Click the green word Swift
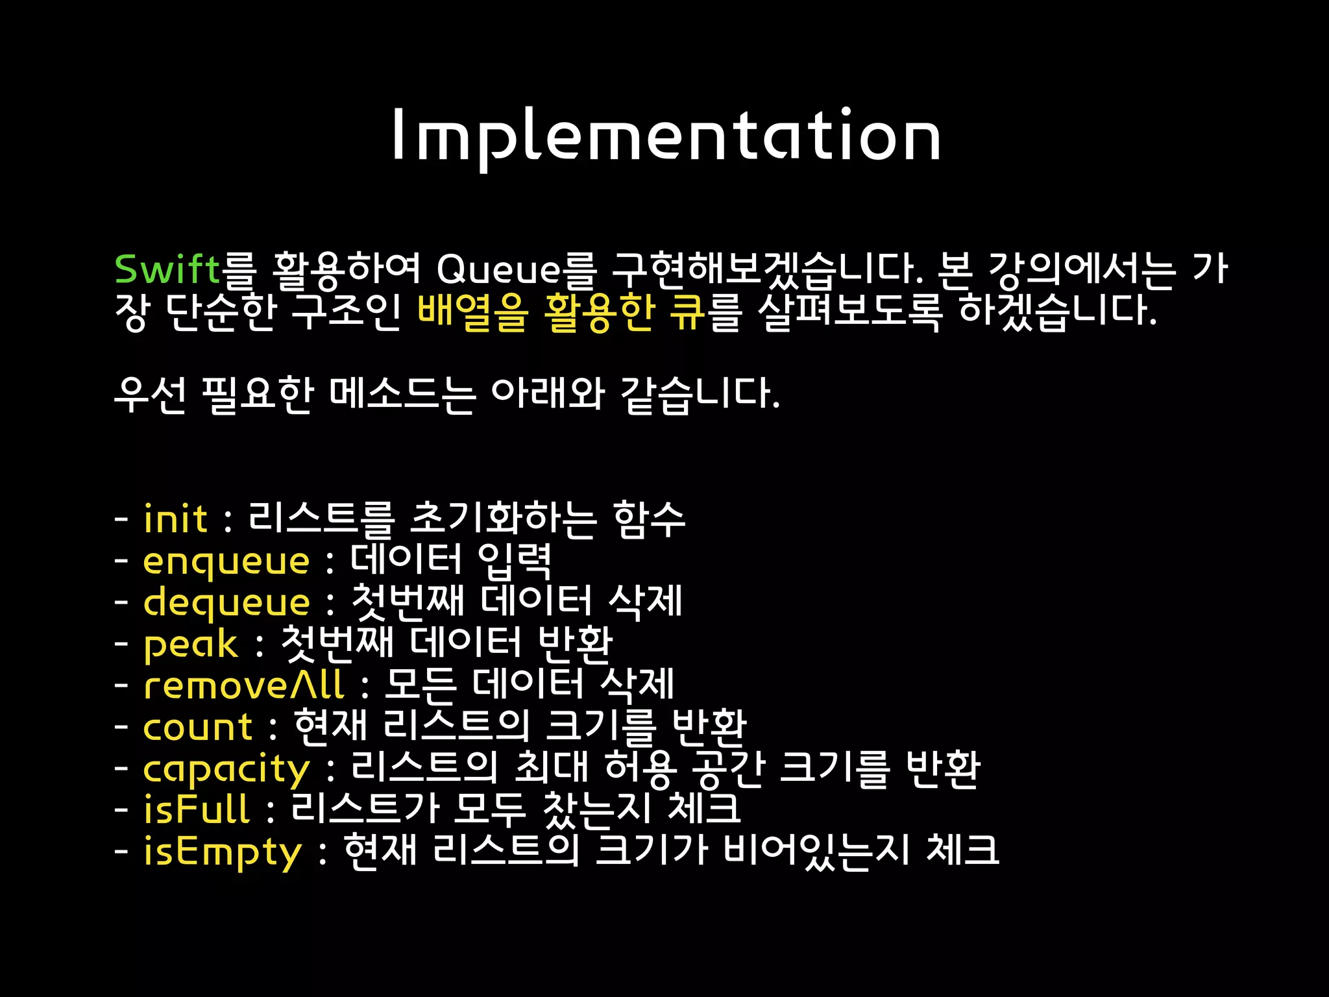point(167,269)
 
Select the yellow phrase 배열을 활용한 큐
point(561,311)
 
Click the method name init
point(175,519)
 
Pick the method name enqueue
point(226,561)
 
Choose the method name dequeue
point(226,603)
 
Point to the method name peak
point(190,645)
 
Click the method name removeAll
point(243,685)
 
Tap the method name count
point(197,727)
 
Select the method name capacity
point(226,769)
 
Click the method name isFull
point(197,809)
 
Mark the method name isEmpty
point(223,852)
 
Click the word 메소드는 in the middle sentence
point(402,394)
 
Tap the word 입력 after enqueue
point(515,560)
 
